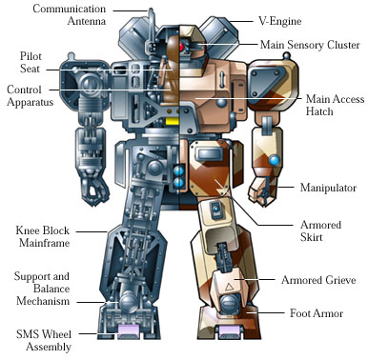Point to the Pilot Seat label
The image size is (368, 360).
24,63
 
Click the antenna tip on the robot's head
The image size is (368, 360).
152,11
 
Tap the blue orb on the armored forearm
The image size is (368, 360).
273,159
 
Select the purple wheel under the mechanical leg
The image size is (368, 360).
128,331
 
